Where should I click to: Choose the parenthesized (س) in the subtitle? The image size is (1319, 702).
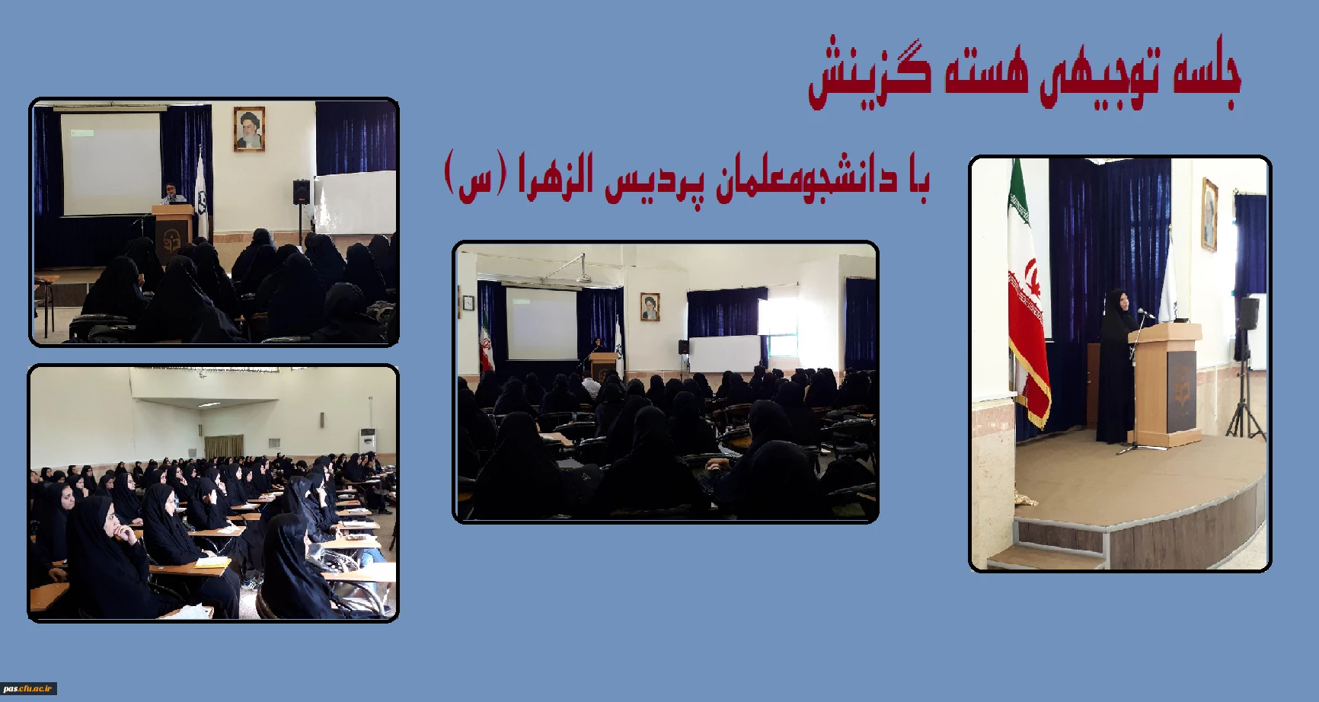coord(470,177)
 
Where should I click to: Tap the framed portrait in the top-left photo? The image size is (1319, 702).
coord(249,128)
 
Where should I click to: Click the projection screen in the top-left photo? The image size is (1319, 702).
coord(111,163)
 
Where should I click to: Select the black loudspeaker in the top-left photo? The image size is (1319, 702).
coord(302,192)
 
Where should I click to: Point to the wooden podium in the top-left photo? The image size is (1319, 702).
coord(173,232)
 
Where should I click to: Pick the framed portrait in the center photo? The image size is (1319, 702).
coord(650,306)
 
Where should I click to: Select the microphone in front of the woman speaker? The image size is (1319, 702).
coord(1146,313)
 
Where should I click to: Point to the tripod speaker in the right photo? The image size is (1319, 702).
coord(1247,365)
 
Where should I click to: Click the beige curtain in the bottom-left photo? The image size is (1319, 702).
coord(224,446)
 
